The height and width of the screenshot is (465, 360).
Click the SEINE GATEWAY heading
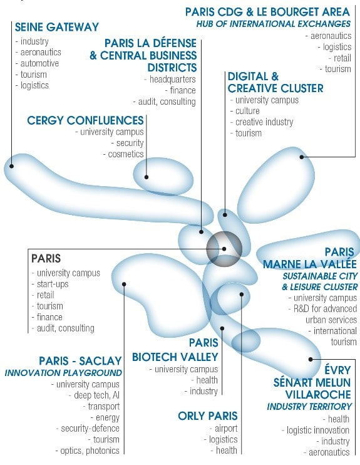click(x=56, y=27)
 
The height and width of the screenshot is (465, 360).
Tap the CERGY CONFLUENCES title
click(x=85, y=120)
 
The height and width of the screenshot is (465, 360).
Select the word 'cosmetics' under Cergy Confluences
click(x=126, y=154)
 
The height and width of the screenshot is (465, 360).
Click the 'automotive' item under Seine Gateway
click(x=39, y=63)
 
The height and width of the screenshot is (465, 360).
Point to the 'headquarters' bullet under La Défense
click(x=172, y=79)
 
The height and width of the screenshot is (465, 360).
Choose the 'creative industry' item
click(x=264, y=122)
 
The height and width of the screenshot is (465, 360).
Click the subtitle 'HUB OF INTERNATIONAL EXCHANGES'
click(x=273, y=24)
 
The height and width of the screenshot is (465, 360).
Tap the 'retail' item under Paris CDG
click(x=342, y=58)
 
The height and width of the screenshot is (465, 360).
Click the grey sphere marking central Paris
click(x=224, y=249)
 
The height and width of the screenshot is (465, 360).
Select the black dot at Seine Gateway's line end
click(x=11, y=166)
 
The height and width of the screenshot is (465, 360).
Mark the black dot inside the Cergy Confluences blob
click(x=147, y=177)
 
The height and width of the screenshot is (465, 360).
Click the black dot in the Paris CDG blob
click(x=302, y=157)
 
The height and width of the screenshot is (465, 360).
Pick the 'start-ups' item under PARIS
click(x=53, y=284)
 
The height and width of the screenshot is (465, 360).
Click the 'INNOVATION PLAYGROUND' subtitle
click(x=63, y=373)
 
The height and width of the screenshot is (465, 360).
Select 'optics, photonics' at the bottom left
click(x=90, y=451)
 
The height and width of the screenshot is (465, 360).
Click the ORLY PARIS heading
click(x=208, y=416)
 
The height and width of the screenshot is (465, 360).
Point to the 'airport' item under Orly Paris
click(x=226, y=429)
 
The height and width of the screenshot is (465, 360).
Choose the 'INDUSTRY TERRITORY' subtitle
click(x=309, y=406)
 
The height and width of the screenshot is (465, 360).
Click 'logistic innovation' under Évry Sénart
click(x=318, y=430)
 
